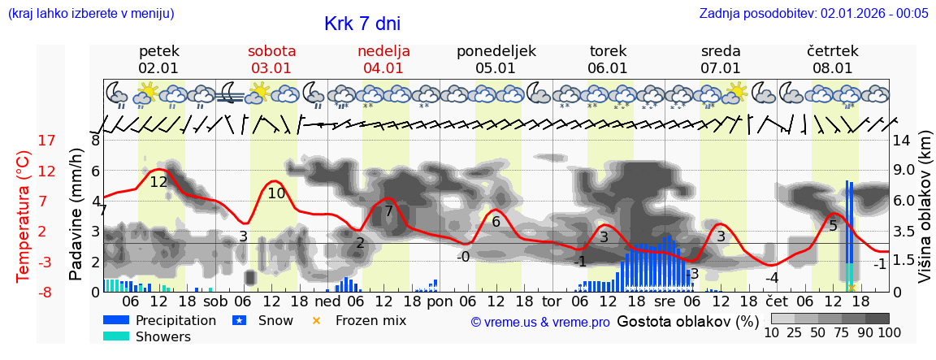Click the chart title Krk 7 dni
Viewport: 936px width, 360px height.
362,24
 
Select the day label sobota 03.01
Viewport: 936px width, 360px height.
271,59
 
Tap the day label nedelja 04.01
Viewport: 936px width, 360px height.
383,59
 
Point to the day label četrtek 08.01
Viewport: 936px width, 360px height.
833,59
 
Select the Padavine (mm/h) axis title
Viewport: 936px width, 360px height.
76,215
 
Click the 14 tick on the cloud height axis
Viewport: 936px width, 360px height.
902,141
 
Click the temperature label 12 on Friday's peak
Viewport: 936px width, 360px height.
158,182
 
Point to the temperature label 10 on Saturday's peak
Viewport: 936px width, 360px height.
276,193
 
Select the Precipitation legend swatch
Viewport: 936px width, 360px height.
117,320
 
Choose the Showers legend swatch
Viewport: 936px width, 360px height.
117,336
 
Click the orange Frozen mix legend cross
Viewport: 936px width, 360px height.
318,320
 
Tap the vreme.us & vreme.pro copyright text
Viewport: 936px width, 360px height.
540,322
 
